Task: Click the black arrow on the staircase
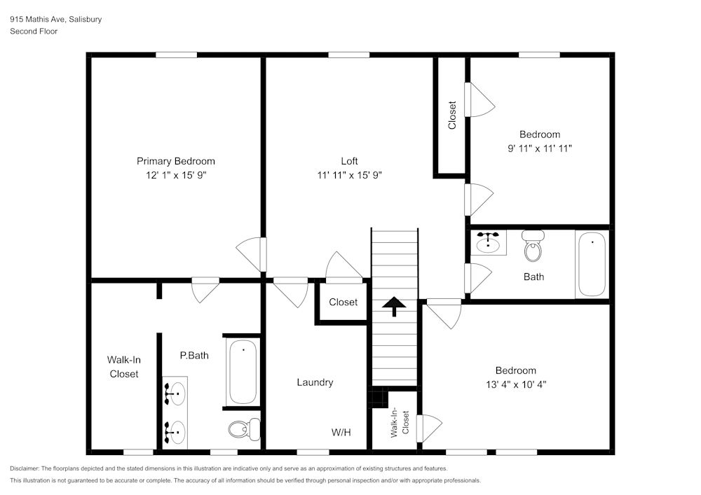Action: (394, 304)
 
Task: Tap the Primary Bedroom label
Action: (175, 161)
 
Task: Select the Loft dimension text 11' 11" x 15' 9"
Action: (349, 175)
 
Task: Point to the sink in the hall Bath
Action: (488, 243)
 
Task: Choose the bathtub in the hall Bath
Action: (592, 264)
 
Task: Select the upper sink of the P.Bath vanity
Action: (175, 393)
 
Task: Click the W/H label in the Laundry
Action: (341, 433)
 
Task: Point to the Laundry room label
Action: (315, 382)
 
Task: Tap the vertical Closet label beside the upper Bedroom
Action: (452, 116)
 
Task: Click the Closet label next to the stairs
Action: (343, 302)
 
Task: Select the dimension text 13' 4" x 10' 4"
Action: (515, 384)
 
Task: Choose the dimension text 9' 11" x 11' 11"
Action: (540, 148)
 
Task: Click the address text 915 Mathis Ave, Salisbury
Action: (55, 20)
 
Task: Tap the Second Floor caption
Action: (34, 32)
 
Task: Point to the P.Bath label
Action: (194, 356)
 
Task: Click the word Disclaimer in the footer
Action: (25, 468)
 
